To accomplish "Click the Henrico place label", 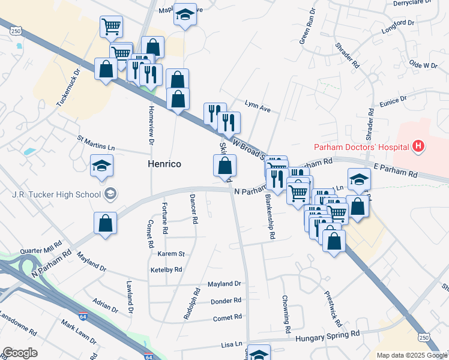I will pyautogui.click(x=164, y=164).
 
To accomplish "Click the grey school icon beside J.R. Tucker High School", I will pyautogui.click(x=110, y=193).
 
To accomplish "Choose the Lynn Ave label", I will pyautogui.click(x=258, y=106).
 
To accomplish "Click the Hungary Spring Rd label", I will pyautogui.click(x=327, y=335).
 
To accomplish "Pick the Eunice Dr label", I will pyautogui.click(x=393, y=100).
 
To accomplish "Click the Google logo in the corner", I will pyautogui.click(x=20, y=353).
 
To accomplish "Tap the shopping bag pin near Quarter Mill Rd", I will pyautogui.click(x=106, y=223).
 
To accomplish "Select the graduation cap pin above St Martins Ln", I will pyautogui.click(x=102, y=166).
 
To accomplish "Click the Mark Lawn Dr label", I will pyautogui.click(x=79, y=333).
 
